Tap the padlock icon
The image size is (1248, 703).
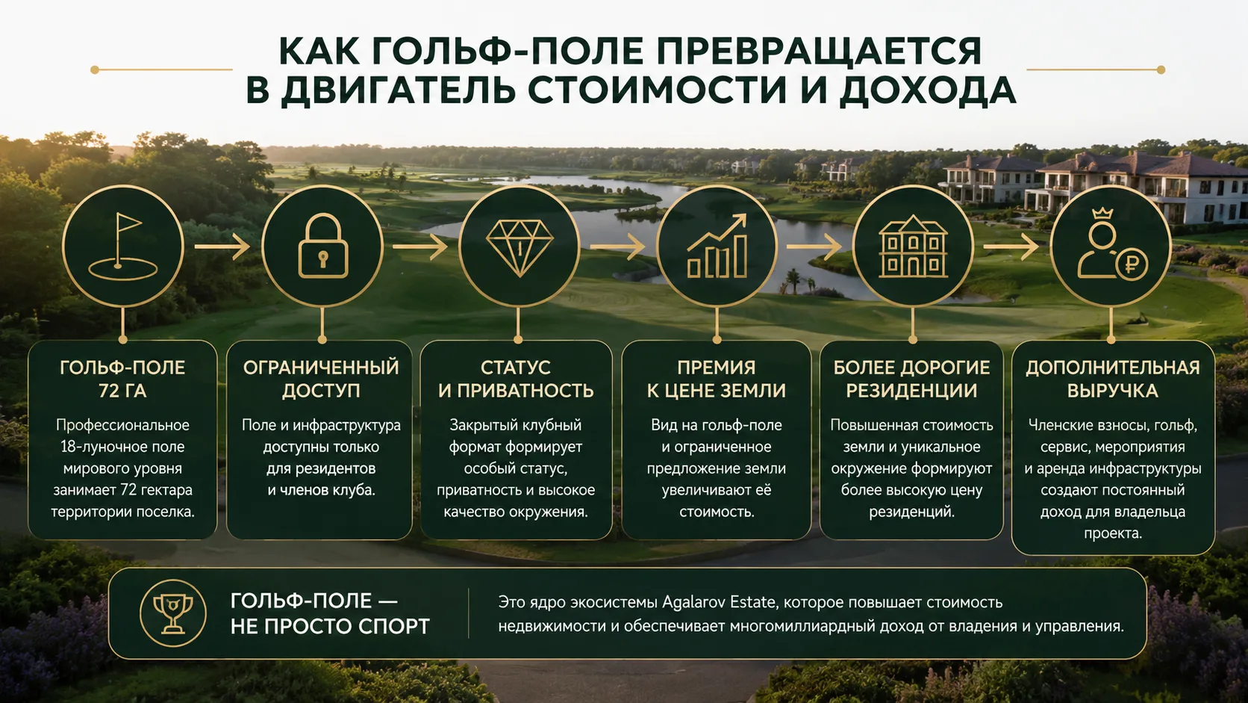click(x=323, y=246)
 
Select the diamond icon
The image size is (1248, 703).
click(x=520, y=247)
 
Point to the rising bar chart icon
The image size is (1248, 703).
click(x=717, y=246)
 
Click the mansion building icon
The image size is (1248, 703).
click(x=913, y=246)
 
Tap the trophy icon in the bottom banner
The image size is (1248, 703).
click(x=172, y=613)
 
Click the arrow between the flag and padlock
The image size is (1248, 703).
click(x=222, y=247)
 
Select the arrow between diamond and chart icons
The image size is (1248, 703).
click(x=617, y=247)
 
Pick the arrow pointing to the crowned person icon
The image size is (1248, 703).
click(x=1011, y=247)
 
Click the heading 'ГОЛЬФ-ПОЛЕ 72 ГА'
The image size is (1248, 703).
click(x=122, y=379)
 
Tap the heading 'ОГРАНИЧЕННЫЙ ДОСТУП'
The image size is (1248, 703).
click(x=321, y=379)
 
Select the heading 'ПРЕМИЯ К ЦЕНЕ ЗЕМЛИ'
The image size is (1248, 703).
click(x=717, y=379)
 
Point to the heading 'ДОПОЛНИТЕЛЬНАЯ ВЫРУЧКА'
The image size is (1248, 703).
click(x=1113, y=379)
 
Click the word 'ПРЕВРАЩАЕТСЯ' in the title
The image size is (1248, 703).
click(x=819, y=52)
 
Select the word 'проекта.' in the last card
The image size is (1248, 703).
click(x=1113, y=533)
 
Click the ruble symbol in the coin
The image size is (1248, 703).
click(x=1132, y=264)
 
